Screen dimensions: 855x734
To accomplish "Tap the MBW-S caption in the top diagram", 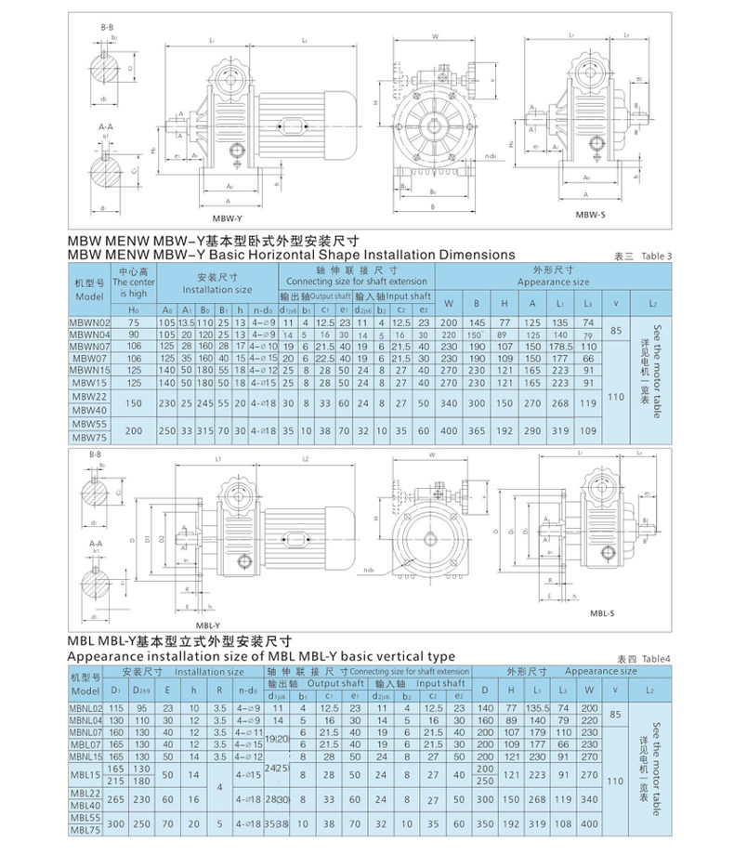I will tap(592, 216).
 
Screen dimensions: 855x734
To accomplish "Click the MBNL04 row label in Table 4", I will tap(89, 720).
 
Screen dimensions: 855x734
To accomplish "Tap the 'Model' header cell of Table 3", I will tap(90, 295).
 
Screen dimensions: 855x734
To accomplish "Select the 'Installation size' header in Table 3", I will tap(218, 290).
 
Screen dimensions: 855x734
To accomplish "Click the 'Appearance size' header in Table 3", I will tap(553, 281).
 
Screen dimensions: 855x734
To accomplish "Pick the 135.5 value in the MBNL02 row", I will tap(539, 709).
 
